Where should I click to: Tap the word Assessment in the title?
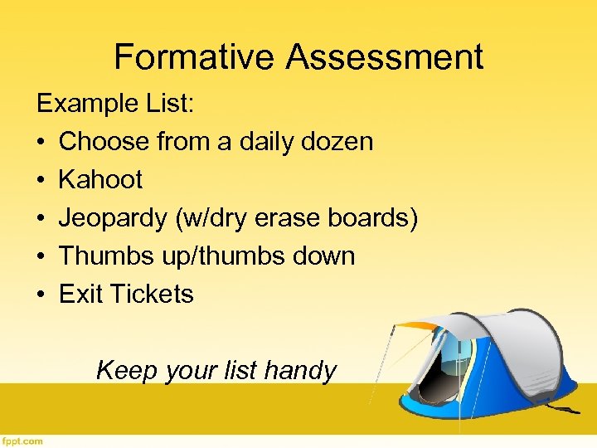(x=385, y=57)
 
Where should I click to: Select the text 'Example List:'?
(x=115, y=104)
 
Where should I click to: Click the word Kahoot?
(x=100, y=179)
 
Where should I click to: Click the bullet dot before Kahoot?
(x=41, y=180)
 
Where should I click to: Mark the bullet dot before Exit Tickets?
(x=41, y=295)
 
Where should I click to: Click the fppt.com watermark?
(x=22, y=441)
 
